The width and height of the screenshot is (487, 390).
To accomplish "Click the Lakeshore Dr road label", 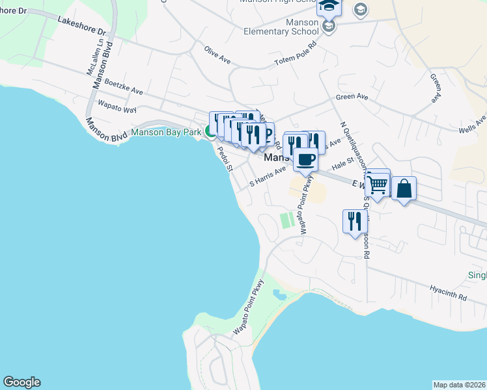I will pyautogui.click(x=81, y=25).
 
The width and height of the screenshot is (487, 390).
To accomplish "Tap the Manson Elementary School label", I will pyautogui.click(x=281, y=27).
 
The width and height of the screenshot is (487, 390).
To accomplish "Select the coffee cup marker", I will pyautogui.click(x=305, y=159).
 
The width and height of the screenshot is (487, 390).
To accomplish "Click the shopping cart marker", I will pyautogui.click(x=378, y=184).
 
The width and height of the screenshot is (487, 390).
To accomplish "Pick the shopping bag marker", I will pyautogui.click(x=404, y=188).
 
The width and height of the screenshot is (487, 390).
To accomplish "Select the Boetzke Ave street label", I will pyautogui.click(x=123, y=88).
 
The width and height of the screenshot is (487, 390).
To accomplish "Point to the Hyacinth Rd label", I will pyautogui.click(x=448, y=292).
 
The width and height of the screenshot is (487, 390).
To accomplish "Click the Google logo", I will pyautogui.click(x=21, y=382).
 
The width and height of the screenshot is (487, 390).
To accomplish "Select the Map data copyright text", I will pyautogui.click(x=460, y=384).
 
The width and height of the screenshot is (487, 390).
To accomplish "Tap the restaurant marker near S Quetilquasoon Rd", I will pyautogui.click(x=355, y=221).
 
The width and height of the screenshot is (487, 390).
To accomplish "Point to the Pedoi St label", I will pyautogui.click(x=225, y=158).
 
